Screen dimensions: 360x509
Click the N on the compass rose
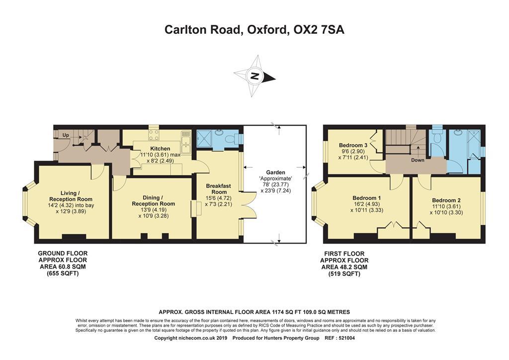[254, 77]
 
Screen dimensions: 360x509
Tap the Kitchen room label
[160, 149]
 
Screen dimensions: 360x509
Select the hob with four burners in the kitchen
[154, 134]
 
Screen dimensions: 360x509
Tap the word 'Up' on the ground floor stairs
[66, 135]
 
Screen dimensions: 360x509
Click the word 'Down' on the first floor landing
[418, 161]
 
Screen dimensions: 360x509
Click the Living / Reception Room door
[98, 171]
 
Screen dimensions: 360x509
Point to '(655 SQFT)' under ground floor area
[63, 273]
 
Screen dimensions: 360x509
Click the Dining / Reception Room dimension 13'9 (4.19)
[153, 209]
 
